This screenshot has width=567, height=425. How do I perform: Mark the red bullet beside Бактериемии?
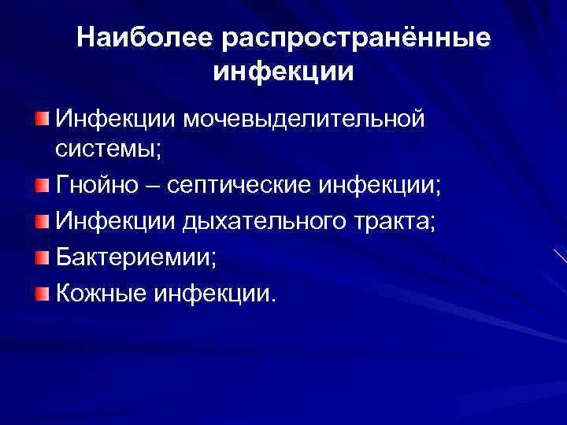pos(41,257)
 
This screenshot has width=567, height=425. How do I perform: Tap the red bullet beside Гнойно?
pos(41,186)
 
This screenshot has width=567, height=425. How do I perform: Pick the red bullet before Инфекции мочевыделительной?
pos(41,119)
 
